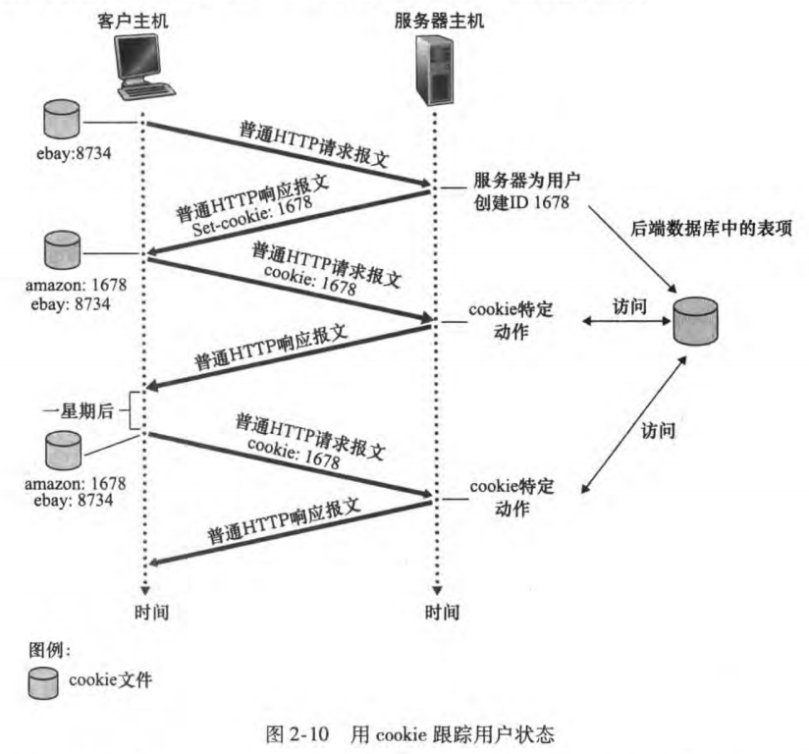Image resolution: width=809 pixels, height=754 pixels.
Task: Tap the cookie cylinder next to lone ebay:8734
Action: [62, 121]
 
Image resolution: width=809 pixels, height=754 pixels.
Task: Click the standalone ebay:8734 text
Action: [62, 154]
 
